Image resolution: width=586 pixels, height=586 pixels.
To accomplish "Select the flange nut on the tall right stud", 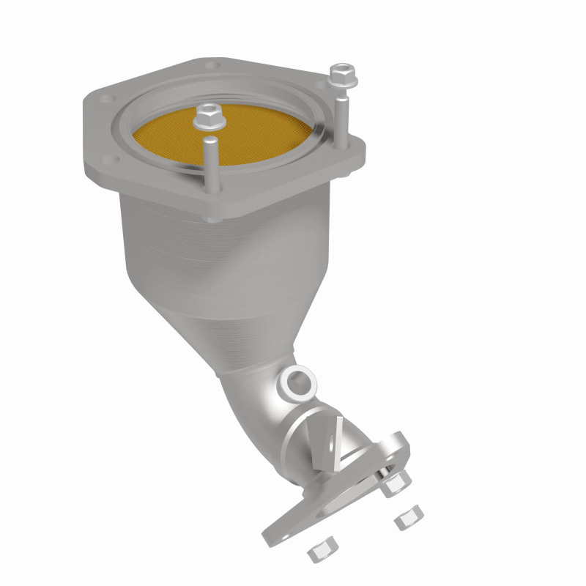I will tap(339, 74).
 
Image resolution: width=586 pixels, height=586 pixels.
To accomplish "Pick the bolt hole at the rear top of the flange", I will tap(212, 66).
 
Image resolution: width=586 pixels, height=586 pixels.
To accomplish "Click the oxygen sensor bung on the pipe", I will tap(299, 382).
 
